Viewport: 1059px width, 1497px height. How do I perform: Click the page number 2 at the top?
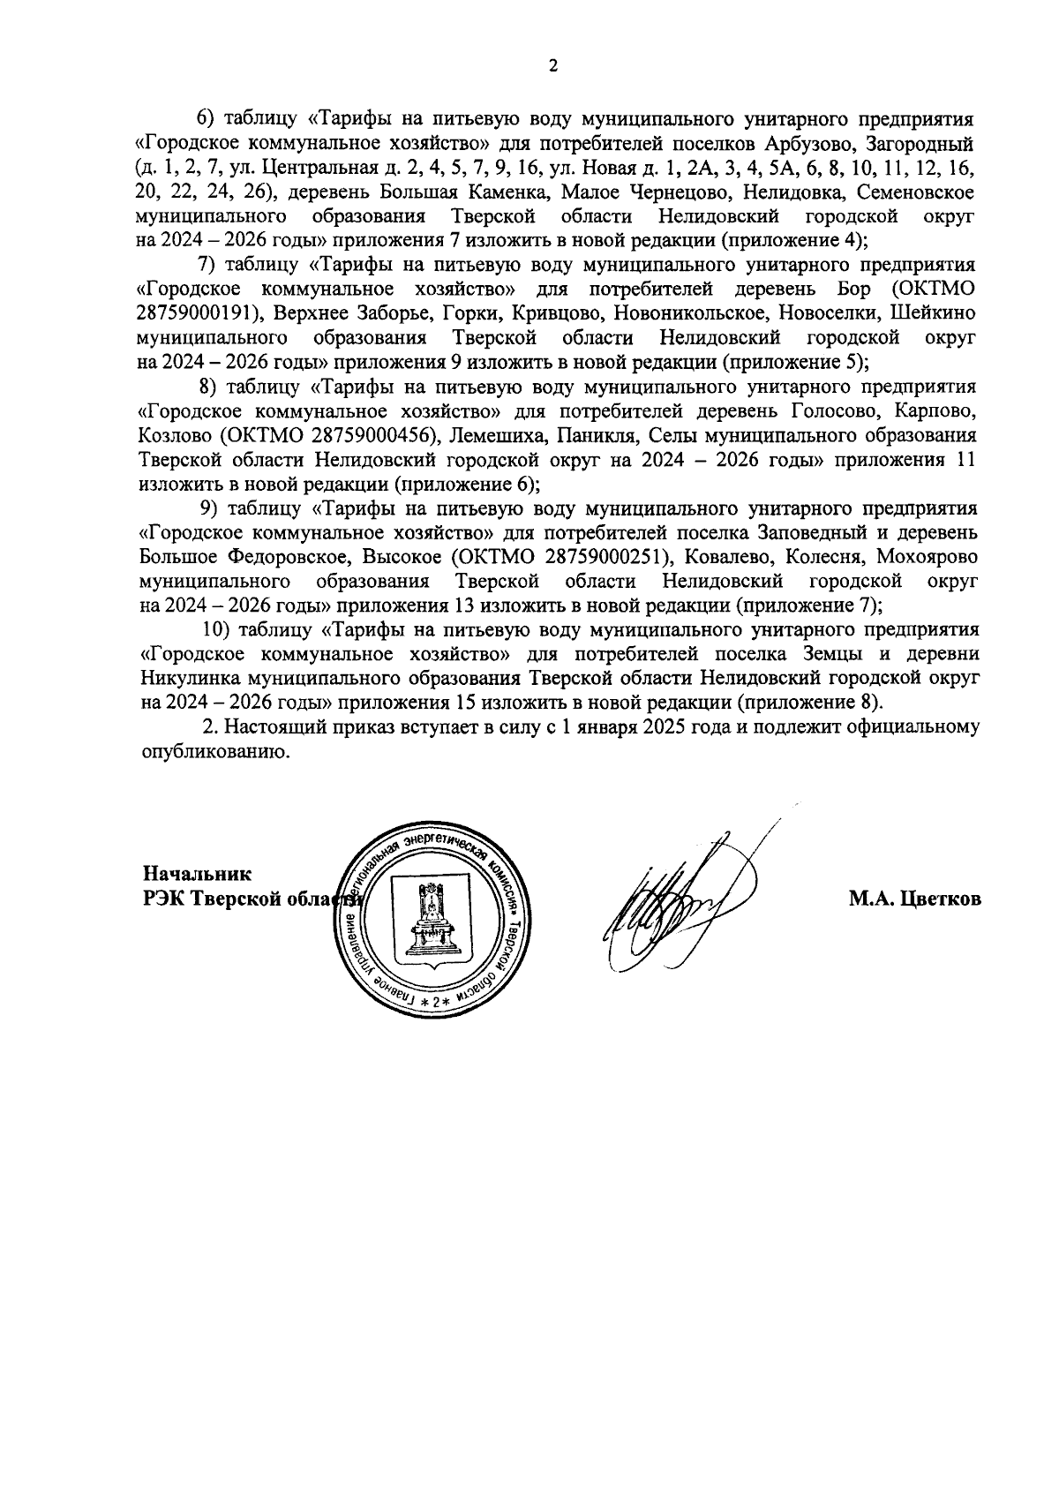point(553,66)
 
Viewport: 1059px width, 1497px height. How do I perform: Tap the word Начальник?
point(198,875)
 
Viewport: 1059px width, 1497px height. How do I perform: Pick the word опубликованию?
point(215,752)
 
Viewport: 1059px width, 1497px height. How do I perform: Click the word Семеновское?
point(917,192)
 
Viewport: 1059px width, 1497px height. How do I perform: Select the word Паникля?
point(593,435)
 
